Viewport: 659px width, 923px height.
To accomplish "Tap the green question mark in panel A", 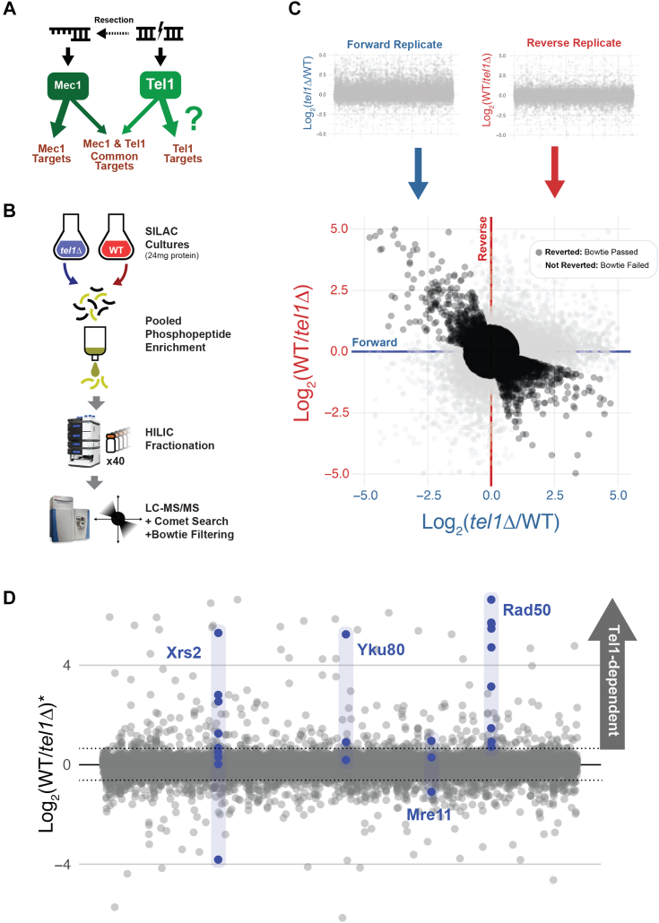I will click(190, 116).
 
